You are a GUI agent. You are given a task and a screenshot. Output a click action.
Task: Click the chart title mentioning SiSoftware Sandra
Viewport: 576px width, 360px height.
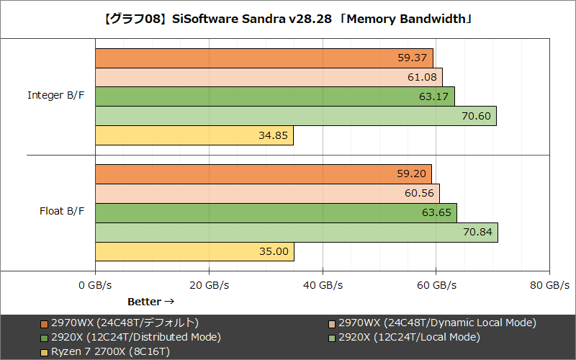(x=288, y=18)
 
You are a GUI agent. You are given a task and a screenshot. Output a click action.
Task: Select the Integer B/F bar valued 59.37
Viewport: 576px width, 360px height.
(x=264, y=58)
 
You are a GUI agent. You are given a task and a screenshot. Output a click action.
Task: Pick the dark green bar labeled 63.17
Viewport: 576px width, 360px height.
(x=274, y=96)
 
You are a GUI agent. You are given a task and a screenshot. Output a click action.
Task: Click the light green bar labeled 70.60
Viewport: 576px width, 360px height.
(x=295, y=116)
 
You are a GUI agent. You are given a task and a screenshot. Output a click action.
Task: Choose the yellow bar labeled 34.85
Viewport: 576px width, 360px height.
(x=194, y=135)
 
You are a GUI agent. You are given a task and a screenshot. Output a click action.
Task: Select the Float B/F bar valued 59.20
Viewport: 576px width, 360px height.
(x=263, y=174)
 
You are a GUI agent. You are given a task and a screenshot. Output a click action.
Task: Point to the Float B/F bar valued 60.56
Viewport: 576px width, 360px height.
(x=267, y=193)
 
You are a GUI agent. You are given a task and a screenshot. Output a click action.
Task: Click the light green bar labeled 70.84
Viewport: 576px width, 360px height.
(x=296, y=232)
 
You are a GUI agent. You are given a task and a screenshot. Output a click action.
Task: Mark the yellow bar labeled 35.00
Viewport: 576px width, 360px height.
(x=194, y=251)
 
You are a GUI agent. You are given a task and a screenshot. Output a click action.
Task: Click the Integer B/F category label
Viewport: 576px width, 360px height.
(x=55, y=95)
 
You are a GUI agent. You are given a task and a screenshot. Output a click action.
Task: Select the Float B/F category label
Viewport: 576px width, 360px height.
(x=61, y=212)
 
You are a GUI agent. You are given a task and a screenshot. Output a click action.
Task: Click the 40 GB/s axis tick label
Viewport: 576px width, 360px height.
(x=323, y=285)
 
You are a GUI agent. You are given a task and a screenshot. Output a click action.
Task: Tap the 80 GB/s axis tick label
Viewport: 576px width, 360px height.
(x=549, y=285)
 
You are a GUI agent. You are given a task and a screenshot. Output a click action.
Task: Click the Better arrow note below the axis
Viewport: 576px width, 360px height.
(x=150, y=301)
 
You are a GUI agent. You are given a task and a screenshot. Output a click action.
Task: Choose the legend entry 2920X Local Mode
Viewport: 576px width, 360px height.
(x=403, y=337)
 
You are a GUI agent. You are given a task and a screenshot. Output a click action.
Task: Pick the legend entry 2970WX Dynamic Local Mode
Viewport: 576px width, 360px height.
(x=431, y=323)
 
